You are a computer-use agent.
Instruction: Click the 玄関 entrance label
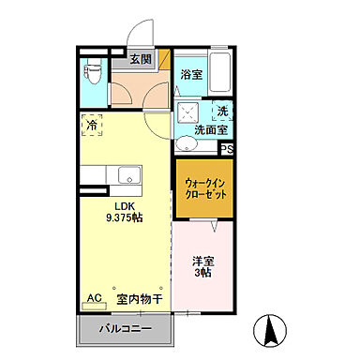142,59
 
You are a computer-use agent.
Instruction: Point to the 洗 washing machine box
222,112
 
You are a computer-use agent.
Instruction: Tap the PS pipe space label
227,148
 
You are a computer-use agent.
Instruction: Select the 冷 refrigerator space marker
92,123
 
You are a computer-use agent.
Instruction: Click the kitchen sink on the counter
126,173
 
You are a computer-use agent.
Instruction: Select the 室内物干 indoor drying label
140,299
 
